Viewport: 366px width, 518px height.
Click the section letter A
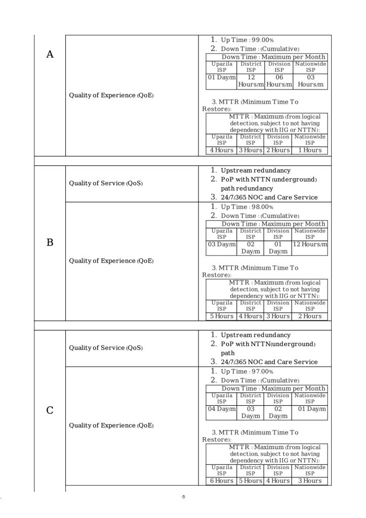pos(50,55)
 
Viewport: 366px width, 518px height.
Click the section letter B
pos(50,243)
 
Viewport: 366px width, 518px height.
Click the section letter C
pos(50,410)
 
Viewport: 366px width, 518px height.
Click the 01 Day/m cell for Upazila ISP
pos(222,77)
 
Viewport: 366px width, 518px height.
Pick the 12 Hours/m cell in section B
pos(310,244)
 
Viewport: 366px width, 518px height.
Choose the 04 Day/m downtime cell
pos(222,409)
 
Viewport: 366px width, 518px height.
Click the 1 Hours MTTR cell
pos(310,150)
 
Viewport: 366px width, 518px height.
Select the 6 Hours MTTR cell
pos(222,481)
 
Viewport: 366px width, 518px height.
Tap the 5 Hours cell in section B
pos(222,316)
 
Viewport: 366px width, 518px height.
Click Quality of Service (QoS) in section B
pos(106,183)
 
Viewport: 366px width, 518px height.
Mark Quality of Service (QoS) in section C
pos(106,348)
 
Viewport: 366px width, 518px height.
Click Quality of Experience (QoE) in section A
pos(111,96)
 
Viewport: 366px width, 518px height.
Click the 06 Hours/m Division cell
pos(279,81)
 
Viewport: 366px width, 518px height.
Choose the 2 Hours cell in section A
pos(278,150)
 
